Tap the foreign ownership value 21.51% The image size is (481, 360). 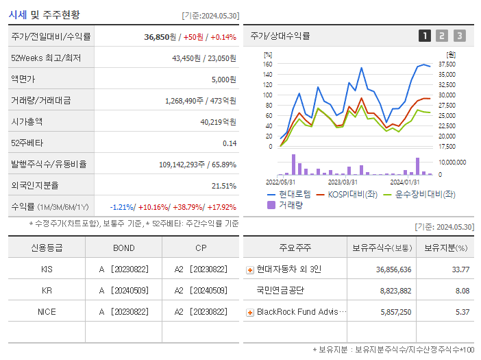click(223, 186)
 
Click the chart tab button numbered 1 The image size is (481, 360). click(425, 36)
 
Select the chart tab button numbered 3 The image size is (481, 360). click(459, 36)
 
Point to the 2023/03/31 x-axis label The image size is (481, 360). click(343, 182)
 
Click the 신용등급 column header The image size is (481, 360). click(47, 248)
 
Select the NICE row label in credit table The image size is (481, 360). click(47, 311)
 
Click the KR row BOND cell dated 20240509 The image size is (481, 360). click(123, 290)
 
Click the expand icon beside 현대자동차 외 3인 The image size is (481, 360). click(250, 269)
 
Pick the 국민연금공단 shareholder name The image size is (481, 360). click(280, 291)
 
